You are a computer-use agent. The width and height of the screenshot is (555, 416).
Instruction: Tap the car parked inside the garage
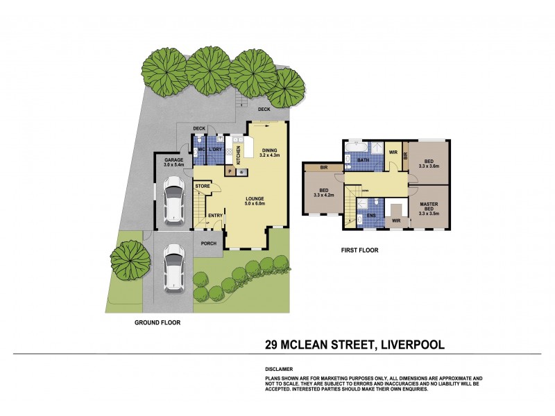173,202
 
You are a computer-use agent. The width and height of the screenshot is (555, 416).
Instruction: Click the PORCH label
208,243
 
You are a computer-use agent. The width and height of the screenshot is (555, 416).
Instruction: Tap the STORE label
203,186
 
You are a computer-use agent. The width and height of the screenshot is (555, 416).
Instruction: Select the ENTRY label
215,216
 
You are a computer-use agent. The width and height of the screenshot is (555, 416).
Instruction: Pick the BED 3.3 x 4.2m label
324,193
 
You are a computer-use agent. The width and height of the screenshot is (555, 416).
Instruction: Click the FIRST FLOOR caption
359,250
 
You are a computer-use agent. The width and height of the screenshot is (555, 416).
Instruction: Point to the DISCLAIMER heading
279,370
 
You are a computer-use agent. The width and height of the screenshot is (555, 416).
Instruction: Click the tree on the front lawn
130,259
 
